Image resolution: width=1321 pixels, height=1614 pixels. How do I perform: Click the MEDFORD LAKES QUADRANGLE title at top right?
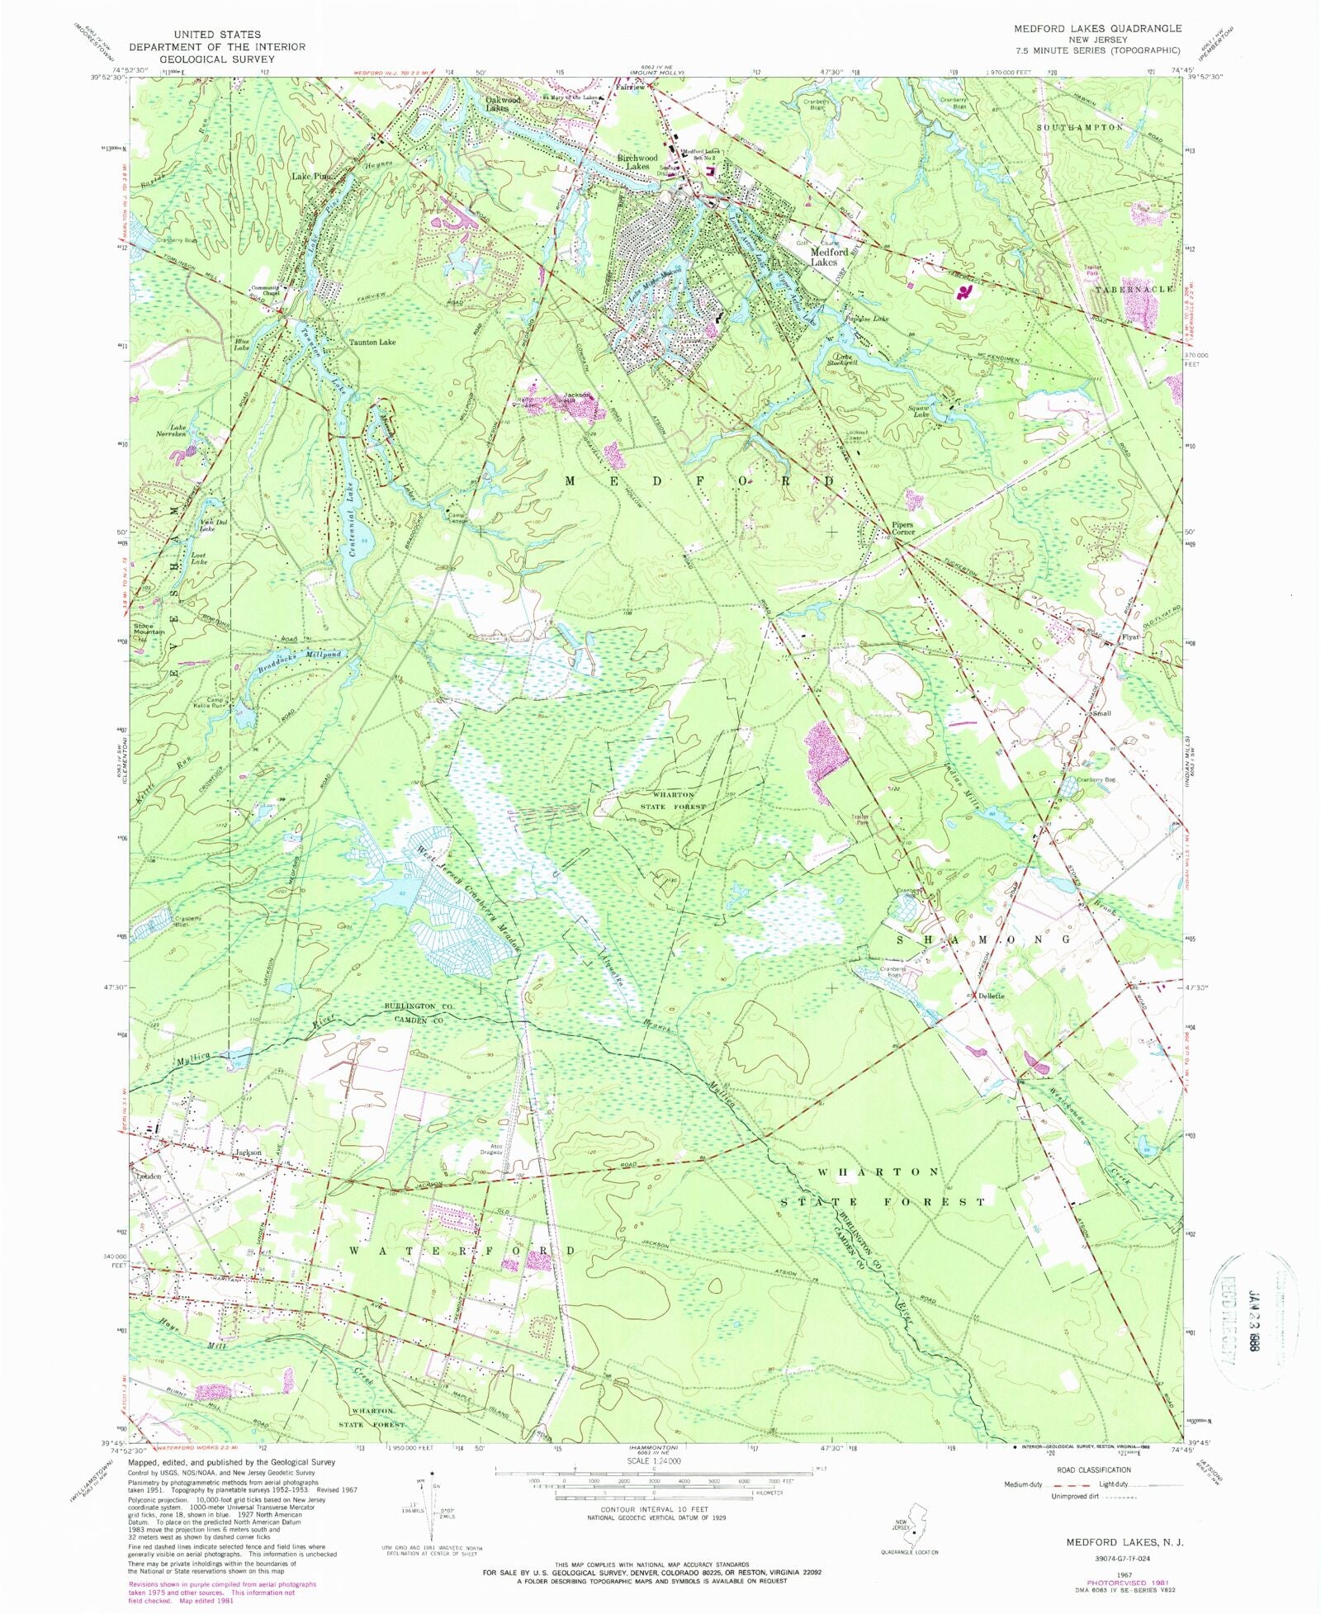[1097, 28]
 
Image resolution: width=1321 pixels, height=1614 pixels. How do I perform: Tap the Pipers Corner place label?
[902, 528]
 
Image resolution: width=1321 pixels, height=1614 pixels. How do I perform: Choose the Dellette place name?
[991, 996]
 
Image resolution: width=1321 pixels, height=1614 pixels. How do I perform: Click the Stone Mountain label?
[149, 628]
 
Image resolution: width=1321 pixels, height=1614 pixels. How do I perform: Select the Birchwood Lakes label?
[637, 162]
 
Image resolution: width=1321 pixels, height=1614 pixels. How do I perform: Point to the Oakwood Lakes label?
[503, 104]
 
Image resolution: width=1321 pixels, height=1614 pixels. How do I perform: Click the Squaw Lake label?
[920, 409]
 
